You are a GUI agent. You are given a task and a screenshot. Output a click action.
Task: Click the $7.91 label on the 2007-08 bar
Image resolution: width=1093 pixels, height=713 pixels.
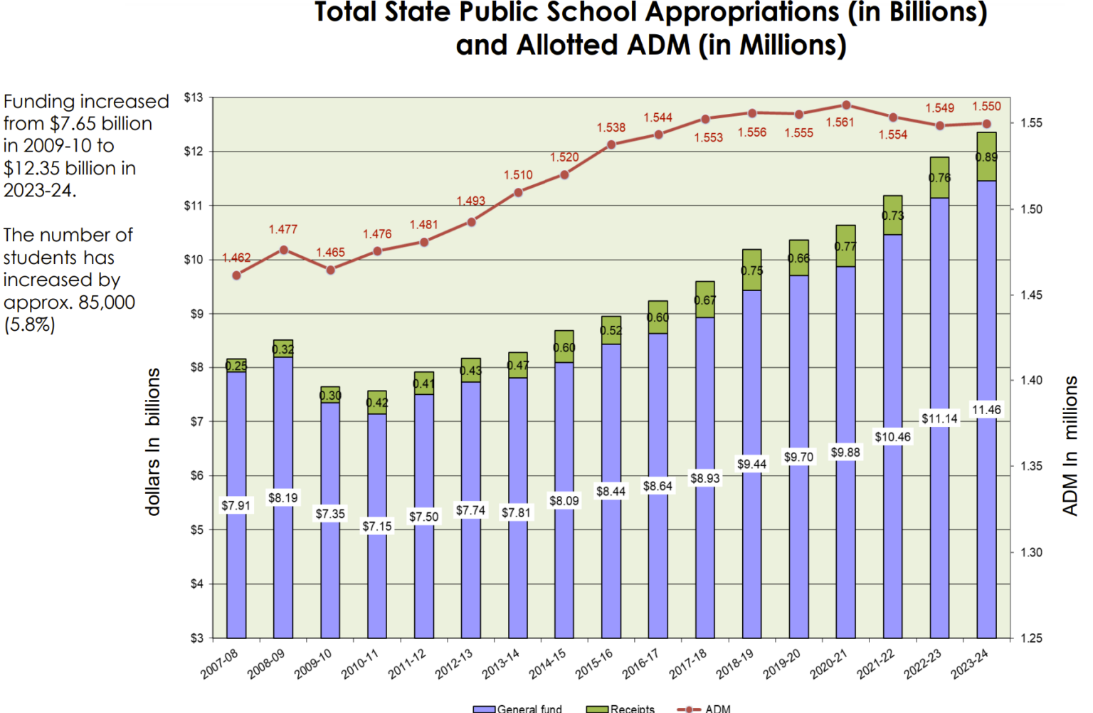[236, 505]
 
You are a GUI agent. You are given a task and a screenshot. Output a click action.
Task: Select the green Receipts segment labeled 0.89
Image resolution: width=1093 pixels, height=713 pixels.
[986, 157]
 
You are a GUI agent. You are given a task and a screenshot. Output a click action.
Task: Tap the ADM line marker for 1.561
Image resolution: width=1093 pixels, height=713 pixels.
[846, 105]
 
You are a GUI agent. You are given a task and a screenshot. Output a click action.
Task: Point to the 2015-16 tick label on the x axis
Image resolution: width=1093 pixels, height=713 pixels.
[594, 664]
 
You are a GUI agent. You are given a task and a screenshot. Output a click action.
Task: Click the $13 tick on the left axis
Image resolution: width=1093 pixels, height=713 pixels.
[194, 97]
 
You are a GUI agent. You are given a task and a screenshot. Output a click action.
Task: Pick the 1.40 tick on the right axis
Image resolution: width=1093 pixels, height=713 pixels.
[1031, 381]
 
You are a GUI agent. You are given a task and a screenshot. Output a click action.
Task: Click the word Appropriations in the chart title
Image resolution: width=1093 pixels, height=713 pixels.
[719, 13]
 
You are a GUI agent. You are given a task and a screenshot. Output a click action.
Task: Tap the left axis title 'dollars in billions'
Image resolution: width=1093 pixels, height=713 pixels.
[153, 441]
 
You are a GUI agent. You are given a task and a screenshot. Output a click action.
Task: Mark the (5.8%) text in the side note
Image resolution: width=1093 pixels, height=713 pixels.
[29, 325]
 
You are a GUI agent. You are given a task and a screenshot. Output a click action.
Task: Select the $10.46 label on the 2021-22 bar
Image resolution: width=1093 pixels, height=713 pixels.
[892, 437]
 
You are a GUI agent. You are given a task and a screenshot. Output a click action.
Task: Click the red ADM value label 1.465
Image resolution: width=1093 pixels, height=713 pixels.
[330, 253]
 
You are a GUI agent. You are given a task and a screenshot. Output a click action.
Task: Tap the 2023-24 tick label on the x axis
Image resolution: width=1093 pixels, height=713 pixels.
[969, 664]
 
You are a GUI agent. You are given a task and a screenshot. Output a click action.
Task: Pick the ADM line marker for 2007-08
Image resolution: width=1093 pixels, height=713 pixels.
[236, 275]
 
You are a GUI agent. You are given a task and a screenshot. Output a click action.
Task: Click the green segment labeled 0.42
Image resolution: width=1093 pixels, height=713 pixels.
[377, 402]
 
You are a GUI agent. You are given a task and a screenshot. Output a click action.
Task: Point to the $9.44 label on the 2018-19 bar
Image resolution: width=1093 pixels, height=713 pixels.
[751, 464]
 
